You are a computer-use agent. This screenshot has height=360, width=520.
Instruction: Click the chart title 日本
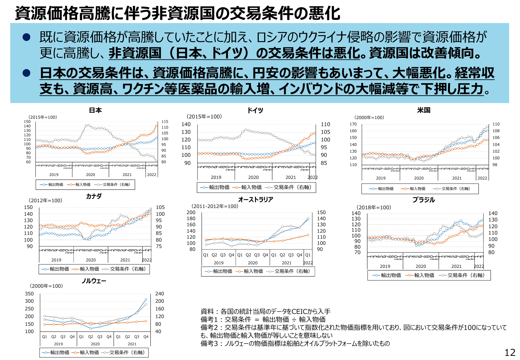click(95, 110)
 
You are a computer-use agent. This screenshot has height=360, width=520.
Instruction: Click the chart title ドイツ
click(255, 110)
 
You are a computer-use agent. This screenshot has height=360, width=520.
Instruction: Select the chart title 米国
click(423, 110)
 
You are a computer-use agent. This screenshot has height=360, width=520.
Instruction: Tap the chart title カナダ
click(94, 196)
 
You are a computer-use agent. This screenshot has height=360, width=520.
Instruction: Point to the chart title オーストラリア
click(255, 200)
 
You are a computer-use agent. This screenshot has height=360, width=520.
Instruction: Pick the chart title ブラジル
click(423, 200)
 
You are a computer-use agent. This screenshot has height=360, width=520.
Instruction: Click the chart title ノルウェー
click(94, 281)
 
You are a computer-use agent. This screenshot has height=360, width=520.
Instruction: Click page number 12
click(510, 352)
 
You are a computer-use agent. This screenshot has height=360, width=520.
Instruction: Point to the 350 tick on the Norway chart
click(29, 294)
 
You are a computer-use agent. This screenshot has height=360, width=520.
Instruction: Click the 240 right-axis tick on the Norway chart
click(159, 294)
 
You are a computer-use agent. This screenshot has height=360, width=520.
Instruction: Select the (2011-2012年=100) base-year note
click(215, 206)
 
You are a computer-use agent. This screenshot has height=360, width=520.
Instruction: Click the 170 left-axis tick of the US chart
click(353, 124)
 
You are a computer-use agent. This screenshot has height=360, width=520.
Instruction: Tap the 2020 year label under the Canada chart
click(91, 260)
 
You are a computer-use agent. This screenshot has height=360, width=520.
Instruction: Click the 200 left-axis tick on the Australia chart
click(191, 212)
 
